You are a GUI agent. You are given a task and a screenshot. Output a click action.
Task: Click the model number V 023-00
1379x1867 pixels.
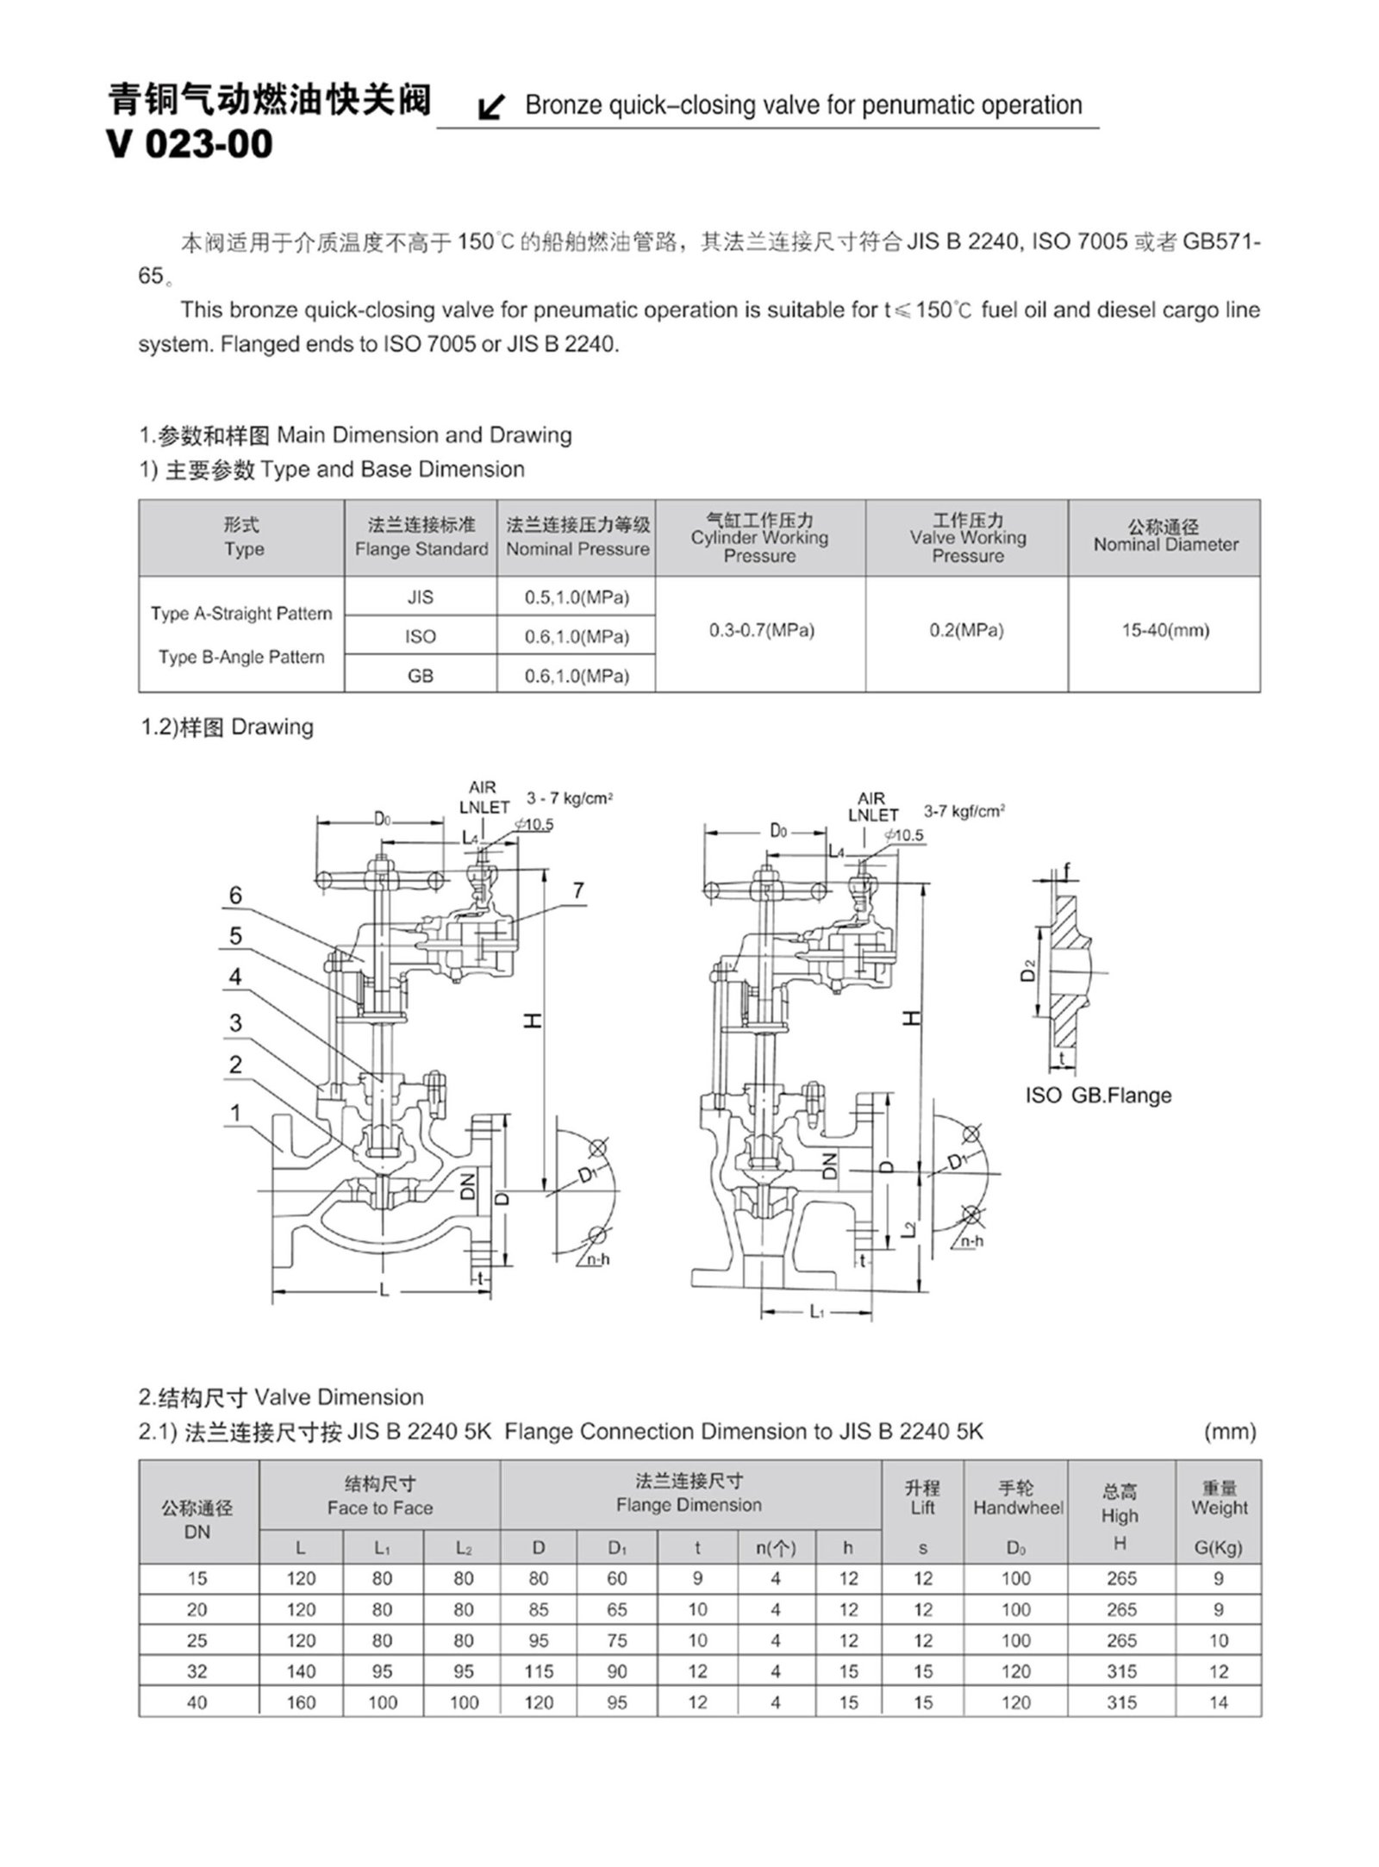tap(190, 143)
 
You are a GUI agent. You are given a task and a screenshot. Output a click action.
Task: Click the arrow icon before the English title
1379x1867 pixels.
tap(491, 108)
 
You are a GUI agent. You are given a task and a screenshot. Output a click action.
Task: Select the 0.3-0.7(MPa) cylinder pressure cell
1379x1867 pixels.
tap(761, 630)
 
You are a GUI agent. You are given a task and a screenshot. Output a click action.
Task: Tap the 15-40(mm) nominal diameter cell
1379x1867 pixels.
tap(1164, 630)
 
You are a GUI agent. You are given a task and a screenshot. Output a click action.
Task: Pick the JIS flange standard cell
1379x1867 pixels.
tap(421, 597)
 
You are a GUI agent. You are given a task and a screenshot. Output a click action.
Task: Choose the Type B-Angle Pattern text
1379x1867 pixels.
tap(241, 657)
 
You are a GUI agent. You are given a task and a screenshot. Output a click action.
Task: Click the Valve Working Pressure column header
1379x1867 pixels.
tap(967, 538)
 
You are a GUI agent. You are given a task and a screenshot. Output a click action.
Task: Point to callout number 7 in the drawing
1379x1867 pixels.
tap(579, 890)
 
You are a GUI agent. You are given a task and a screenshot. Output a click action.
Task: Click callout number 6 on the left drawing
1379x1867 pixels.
tap(235, 896)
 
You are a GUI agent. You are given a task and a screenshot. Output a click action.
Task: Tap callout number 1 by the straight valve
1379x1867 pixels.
tap(235, 1113)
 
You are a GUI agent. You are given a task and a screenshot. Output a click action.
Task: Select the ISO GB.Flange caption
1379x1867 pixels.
tap(1098, 1096)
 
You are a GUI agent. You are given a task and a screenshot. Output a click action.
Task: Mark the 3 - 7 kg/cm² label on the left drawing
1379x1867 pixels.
tap(569, 799)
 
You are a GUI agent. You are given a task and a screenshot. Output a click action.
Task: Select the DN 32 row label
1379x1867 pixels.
tap(197, 1671)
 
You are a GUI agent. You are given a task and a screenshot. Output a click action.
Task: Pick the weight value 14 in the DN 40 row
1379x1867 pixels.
tap(1218, 1702)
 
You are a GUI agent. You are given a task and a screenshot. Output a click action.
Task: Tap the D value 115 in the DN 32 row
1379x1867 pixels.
tap(539, 1671)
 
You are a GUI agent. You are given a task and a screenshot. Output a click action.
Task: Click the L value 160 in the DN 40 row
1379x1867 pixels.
tap(301, 1702)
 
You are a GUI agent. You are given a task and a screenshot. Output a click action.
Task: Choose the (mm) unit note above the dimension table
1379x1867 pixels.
tap(1230, 1432)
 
